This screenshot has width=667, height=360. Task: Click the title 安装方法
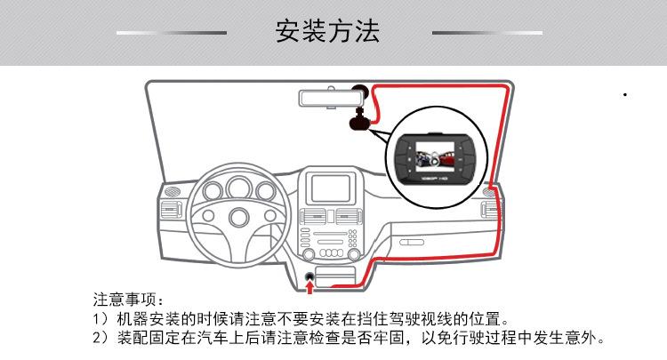pos(328,33)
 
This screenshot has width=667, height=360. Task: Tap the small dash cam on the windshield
pos(358,120)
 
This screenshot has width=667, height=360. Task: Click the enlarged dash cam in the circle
pos(430,156)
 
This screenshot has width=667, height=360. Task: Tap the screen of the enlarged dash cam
pos(430,152)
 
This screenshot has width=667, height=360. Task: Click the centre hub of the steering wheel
pos(237,216)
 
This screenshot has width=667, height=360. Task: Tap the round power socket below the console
pos(309,276)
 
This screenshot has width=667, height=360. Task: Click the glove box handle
pos(411,242)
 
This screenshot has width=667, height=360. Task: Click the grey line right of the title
pos(486,33)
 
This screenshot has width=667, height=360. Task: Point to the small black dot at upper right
pos(627,93)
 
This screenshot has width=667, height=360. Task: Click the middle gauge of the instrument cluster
pos(237,187)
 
